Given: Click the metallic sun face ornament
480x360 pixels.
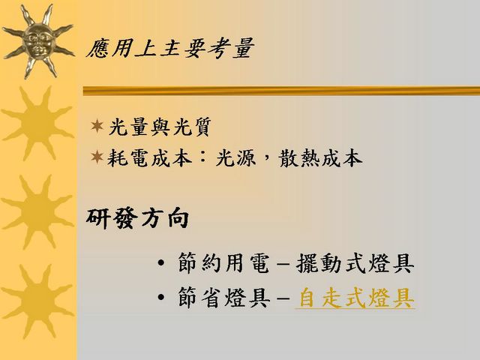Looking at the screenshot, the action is pos(38,41).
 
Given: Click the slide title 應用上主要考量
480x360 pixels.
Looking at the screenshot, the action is pos(170,48).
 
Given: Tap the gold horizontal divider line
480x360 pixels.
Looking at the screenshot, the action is pos(281,91).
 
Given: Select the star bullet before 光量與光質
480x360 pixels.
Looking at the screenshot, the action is pos(97,126).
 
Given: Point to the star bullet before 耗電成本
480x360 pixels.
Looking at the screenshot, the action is pos(97,157).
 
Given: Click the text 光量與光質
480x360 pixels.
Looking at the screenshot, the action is pos(160,127).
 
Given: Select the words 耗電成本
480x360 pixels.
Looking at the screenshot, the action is pos(150,158).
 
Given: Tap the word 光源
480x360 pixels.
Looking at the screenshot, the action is pos(235,158).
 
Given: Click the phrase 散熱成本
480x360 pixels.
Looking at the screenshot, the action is pos(321,158).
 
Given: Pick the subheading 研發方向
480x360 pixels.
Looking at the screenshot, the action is pos(137,219).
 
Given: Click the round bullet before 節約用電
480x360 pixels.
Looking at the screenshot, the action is pos(161,262).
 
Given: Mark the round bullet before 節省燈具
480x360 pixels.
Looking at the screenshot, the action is pos(161,297).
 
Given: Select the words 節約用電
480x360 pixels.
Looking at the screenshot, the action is pos(224,263).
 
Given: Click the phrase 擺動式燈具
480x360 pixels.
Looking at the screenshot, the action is pos(355,263).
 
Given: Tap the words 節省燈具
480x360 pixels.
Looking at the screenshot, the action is pos(224,297).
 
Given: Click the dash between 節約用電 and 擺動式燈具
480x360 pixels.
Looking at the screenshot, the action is pos(283,264).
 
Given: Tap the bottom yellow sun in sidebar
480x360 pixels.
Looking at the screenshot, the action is pos(37,301).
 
